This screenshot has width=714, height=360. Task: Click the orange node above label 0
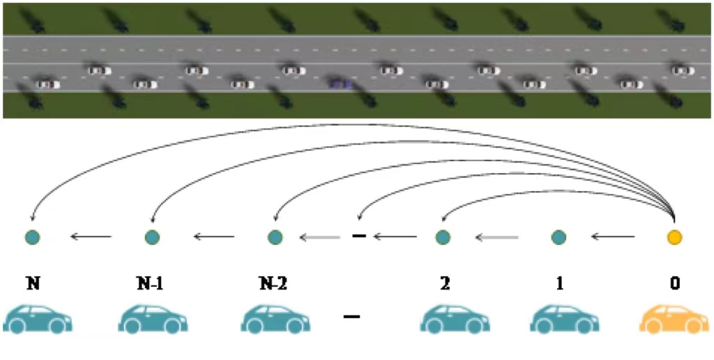tap(674, 237)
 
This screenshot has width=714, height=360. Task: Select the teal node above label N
tap(32, 237)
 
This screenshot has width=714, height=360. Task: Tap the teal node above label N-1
tap(152, 237)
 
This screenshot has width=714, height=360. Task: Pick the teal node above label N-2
tap(275, 237)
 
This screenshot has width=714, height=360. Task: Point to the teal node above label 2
tap(443, 237)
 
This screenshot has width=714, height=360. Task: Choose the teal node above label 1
tap(559, 237)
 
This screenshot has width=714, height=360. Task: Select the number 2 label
tap(443, 283)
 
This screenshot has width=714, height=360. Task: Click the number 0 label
tap(674, 283)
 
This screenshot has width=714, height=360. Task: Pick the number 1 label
tap(559, 283)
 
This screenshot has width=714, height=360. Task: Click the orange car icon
tap(674, 319)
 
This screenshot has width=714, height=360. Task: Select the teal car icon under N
tap(37, 319)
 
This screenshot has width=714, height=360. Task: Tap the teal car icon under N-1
tap(153, 319)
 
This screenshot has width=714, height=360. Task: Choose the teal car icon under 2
tap(455, 319)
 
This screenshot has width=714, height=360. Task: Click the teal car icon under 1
tap(565, 319)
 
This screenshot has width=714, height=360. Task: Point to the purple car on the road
tap(340, 84)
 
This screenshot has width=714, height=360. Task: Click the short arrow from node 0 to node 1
tap(614, 237)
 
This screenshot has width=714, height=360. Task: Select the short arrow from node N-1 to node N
tap(91, 237)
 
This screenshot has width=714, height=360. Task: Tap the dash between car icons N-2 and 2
tap(352, 317)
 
